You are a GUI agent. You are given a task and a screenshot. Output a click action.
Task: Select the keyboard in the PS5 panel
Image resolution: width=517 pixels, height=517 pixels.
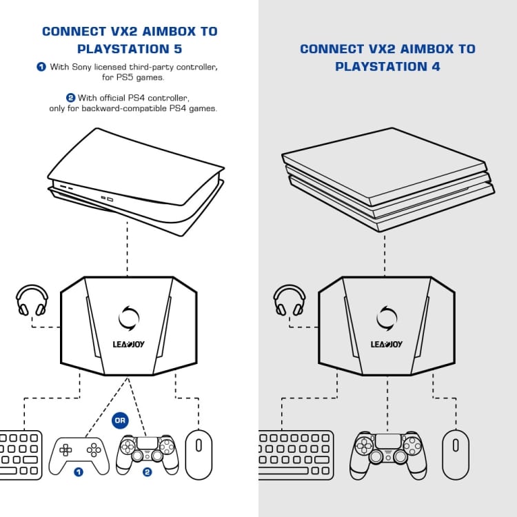(21, 454)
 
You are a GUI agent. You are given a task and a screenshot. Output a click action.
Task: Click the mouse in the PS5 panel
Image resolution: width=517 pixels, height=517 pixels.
(199, 454)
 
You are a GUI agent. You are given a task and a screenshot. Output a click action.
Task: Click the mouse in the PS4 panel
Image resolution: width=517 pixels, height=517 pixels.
(455, 454)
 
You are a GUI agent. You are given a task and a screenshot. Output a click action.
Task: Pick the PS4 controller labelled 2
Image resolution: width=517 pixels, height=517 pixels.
(147, 452)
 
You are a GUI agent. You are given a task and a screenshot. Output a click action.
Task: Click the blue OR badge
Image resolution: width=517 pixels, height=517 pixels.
(119, 420)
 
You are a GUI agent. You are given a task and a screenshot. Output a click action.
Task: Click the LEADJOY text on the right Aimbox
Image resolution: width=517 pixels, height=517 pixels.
(387, 344)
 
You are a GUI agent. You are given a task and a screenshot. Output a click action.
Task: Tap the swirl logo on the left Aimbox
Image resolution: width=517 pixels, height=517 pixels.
(129, 318)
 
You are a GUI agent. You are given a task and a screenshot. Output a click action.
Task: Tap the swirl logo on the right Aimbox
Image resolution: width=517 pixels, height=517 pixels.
(387, 318)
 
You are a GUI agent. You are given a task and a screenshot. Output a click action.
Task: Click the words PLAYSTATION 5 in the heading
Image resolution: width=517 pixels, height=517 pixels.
(129, 49)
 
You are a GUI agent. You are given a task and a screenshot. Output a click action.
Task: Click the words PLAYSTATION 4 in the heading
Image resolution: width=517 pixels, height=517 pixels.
(387, 67)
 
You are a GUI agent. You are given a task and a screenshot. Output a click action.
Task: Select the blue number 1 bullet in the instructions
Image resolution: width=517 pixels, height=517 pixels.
(41, 67)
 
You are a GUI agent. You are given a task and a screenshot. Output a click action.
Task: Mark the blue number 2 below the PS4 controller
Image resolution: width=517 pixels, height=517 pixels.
(147, 472)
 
